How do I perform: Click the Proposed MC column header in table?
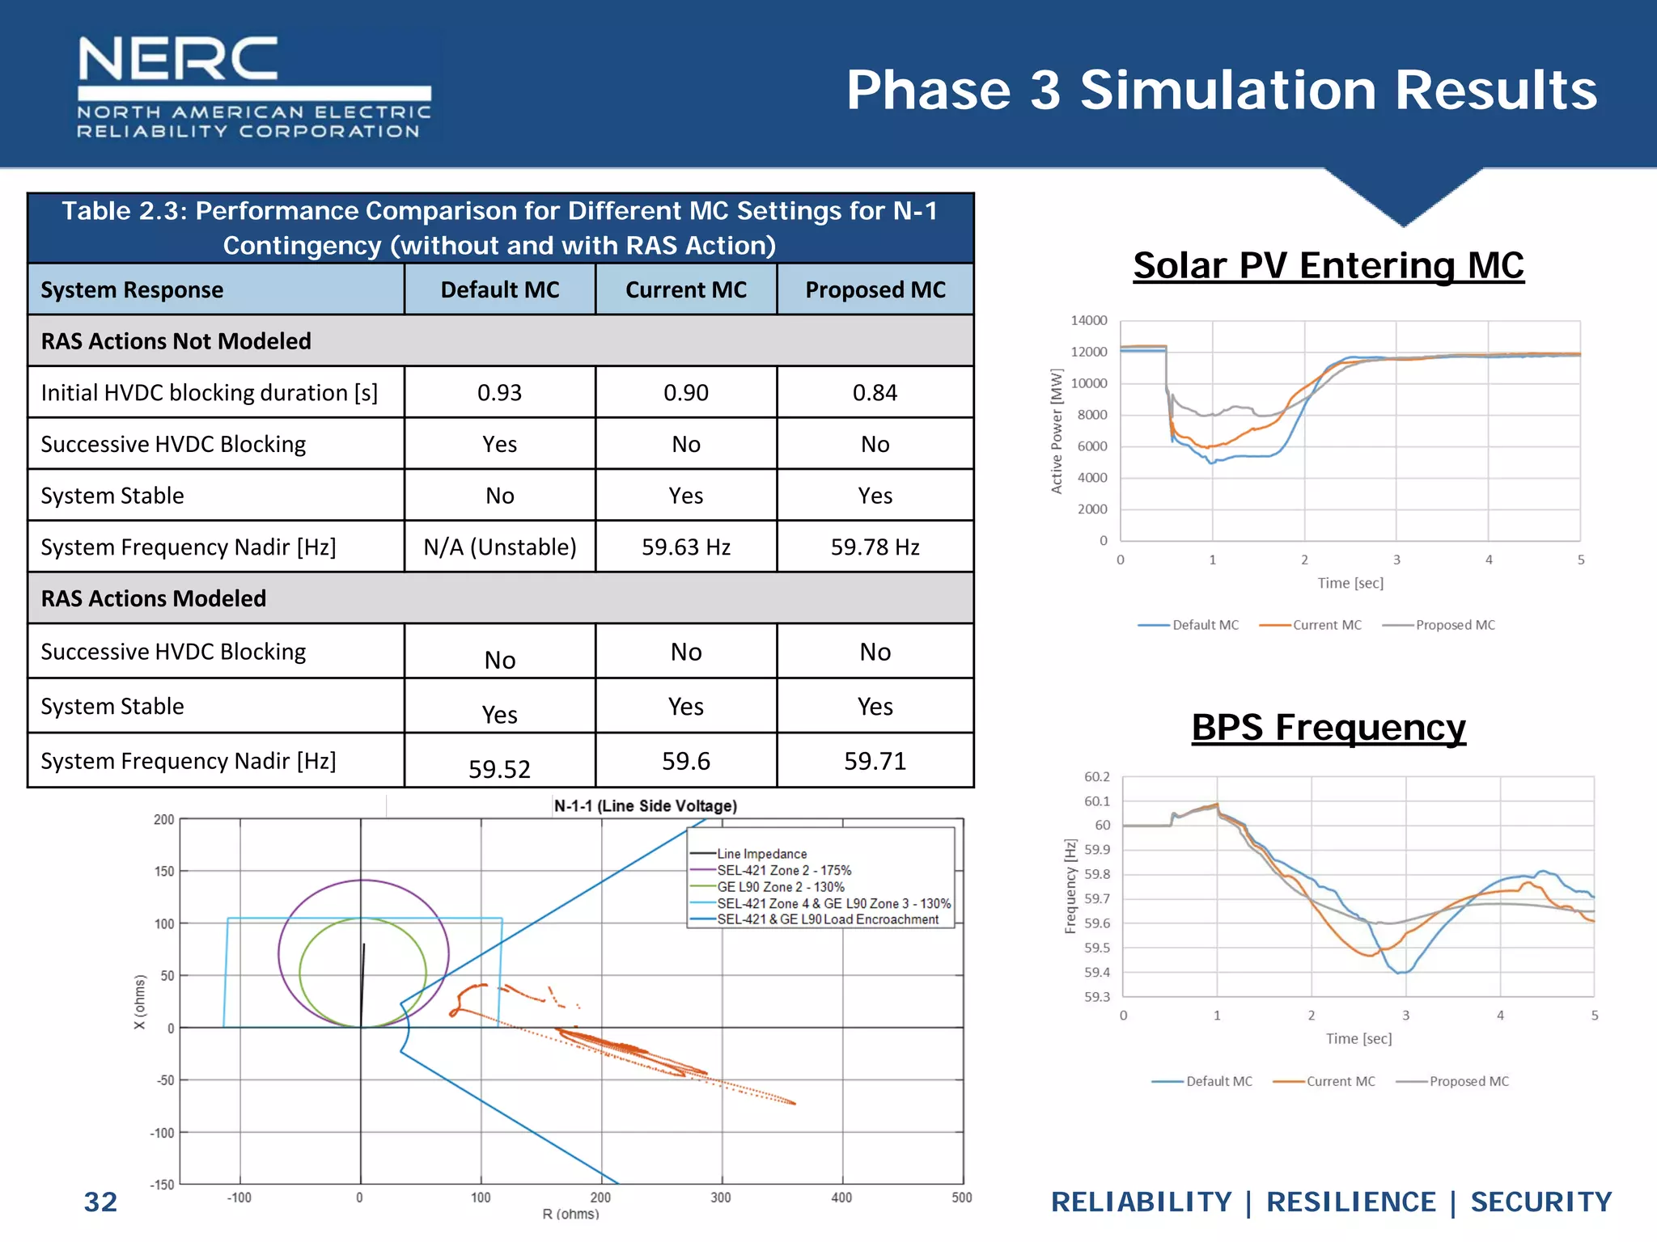pos(875,289)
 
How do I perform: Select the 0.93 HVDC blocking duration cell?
pos(499,393)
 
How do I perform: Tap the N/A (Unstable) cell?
pos(499,547)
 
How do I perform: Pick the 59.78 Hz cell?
pos(875,547)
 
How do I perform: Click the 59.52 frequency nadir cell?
pos(499,768)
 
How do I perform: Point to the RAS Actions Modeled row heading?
pos(154,598)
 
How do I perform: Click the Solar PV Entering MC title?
pos(1328,265)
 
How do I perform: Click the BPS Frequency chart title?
pos(1328,727)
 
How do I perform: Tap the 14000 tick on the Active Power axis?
pos(1088,320)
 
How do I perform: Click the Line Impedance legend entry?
pos(761,854)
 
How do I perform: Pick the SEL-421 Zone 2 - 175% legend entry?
pos(783,871)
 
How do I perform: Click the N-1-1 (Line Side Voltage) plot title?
pos(645,805)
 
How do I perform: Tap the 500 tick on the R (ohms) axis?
pos(961,1198)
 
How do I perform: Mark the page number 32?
pos(100,1202)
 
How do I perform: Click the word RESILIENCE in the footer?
pos(1350,1202)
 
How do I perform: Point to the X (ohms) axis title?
pos(140,1002)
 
